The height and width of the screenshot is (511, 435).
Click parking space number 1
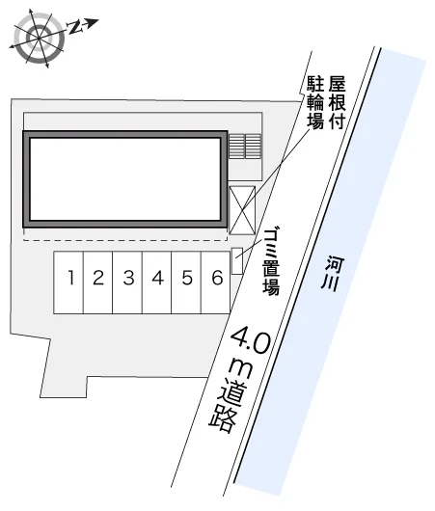(68, 282)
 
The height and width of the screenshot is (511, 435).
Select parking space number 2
(98, 282)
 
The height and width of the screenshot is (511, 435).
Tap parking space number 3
(127, 282)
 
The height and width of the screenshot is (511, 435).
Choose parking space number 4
(157, 282)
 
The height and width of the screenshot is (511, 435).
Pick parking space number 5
(186, 282)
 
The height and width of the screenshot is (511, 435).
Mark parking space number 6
(216, 282)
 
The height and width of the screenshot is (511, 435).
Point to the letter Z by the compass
(74, 27)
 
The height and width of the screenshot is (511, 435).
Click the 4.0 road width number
(252, 340)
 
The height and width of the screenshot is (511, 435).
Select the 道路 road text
(226, 408)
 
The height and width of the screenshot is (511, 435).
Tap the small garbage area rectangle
(237, 260)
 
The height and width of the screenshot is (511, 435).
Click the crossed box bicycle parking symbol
(242, 210)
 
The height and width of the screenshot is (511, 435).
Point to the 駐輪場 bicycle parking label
(315, 102)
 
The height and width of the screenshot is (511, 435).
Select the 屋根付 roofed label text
(337, 102)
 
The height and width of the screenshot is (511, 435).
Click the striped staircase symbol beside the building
(245, 146)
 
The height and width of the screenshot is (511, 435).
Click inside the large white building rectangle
(124, 179)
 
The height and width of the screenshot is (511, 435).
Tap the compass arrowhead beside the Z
(93, 23)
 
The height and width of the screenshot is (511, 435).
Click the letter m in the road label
(241, 369)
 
